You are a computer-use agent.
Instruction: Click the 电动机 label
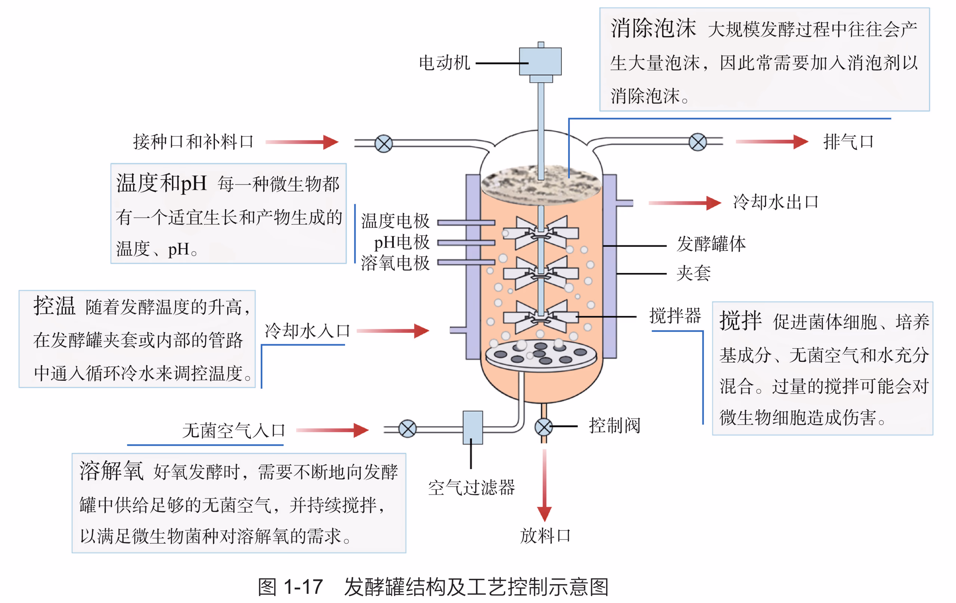point(444,63)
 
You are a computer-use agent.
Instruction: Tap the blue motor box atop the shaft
point(540,61)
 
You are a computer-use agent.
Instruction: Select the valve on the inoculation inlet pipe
point(384,143)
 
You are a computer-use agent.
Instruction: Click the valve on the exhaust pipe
point(698,142)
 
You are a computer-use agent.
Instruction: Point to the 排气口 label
point(848,142)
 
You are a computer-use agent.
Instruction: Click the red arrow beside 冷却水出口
point(685,203)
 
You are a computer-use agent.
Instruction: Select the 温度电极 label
point(395,221)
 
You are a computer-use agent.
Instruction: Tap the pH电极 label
point(401,242)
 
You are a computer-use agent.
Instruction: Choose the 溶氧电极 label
point(395,263)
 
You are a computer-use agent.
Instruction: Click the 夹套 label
point(693,273)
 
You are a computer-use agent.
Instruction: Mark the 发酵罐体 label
point(711,244)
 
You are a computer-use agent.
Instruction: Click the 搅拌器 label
point(675,316)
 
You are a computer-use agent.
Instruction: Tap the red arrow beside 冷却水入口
point(392,331)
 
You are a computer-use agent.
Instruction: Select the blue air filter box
point(472,427)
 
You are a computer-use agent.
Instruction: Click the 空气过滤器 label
point(471,488)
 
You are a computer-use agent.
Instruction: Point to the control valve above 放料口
point(543,427)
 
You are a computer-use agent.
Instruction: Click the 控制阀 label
point(615,426)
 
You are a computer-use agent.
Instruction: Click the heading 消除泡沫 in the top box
point(653,29)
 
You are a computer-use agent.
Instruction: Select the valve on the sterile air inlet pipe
point(407,429)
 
